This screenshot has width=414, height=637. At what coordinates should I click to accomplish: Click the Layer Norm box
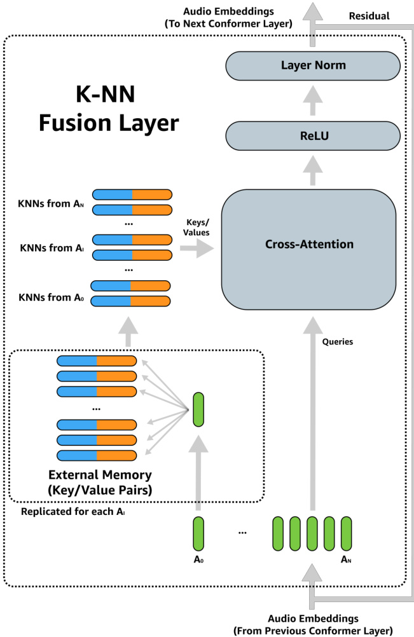coord(312,65)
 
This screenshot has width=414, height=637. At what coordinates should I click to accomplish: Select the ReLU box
coord(312,135)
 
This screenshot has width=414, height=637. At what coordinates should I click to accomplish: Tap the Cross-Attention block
coord(308,244)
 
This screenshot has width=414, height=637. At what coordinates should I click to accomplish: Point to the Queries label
coord(338,341)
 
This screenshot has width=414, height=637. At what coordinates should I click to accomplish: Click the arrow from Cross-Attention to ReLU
coord(312,171)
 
